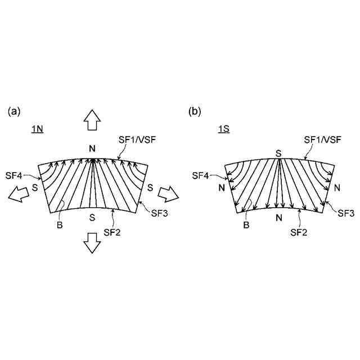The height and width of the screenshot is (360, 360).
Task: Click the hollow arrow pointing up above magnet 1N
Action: [92, 119]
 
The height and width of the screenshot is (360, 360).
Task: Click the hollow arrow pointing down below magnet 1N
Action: [92, 244]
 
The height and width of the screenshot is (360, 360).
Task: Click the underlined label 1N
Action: [37, 129]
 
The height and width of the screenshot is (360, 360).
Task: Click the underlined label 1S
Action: [223, 129]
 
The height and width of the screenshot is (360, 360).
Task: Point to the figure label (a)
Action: [14, 111]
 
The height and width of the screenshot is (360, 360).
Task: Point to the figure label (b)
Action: [195, 111]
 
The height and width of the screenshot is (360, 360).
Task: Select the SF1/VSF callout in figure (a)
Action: [137, 139]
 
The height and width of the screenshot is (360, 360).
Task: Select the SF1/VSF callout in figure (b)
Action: [322, 139]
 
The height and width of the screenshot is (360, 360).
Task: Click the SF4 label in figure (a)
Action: [14, 175]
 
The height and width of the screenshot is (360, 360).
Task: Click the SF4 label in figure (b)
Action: [201, 175]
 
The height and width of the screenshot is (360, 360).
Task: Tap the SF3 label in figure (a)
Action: [160, 212]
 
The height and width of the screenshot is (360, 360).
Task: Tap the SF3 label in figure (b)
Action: [345, 212]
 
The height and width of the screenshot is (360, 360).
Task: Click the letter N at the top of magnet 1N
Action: [92, 148]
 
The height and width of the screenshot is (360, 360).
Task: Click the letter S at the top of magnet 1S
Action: [278, 152]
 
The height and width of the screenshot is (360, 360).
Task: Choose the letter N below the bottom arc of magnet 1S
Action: [278, 218]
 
